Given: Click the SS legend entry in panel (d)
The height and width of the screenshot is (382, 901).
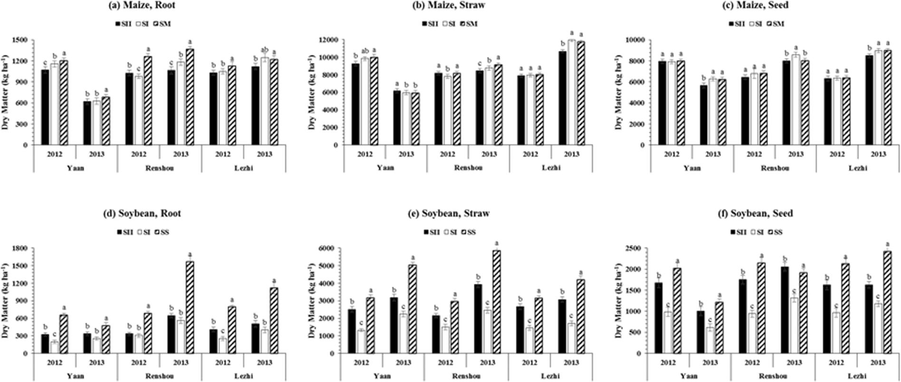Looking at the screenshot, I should point(160,233).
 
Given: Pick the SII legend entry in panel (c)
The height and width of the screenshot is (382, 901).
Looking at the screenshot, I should point(738,24).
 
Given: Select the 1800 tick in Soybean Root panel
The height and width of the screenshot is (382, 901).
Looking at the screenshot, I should point(21,248).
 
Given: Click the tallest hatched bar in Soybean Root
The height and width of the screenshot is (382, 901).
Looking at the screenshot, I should point(190,307).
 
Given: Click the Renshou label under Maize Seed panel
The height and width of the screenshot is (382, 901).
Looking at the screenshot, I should point(775,168).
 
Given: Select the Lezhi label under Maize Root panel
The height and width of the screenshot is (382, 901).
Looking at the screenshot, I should point(243,168).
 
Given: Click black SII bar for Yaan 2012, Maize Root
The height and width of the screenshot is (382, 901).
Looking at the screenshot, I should point(45,107).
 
